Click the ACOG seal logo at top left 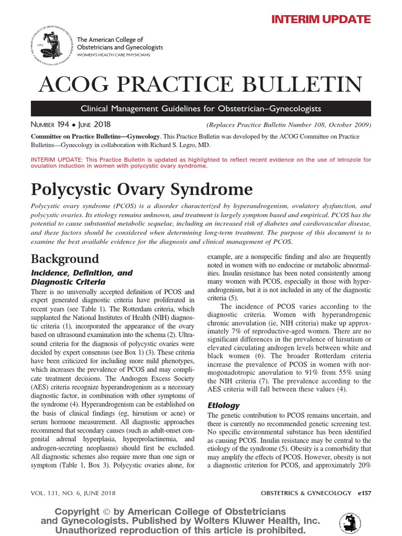coord(53,47)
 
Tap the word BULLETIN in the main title coord(303,84)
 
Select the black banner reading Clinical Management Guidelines coord(201,109)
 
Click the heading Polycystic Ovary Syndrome coord(141,188)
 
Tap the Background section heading coord(65,259)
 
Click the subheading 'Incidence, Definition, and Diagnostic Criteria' coord(82,277)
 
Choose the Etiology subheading coord(224,405)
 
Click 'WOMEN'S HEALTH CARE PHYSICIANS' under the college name coord(114,54)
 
